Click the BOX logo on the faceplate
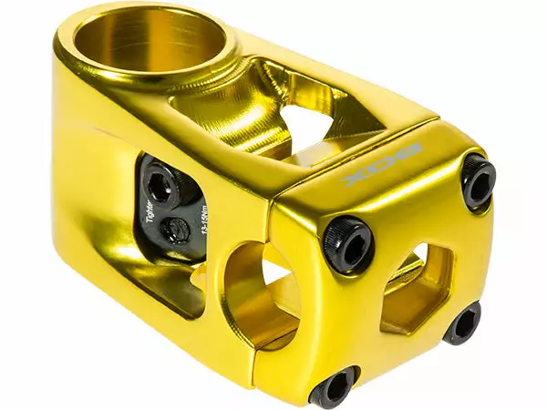pyautogui.click(x=383, y=162)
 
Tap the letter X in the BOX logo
pyautogui.click(x=356, y=171)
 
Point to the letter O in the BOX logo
pyautogui.click(x=384, y=162)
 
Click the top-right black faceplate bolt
pyautogui.click(x=478, y=181)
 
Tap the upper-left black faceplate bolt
pyautogui.click(x=348, y=245)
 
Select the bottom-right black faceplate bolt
pyautogui.click(x=462, y=323)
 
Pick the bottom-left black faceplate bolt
pyautogui.click(x=334, y=386)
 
